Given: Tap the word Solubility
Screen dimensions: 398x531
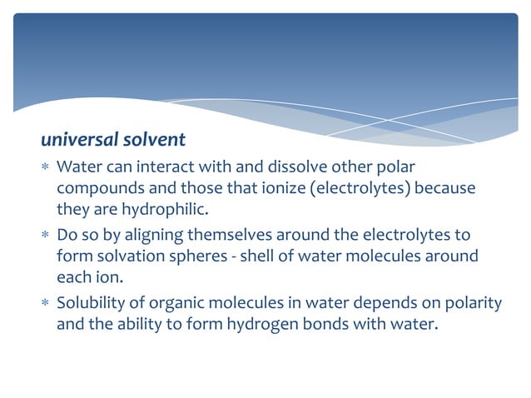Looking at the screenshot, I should [93, 303].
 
